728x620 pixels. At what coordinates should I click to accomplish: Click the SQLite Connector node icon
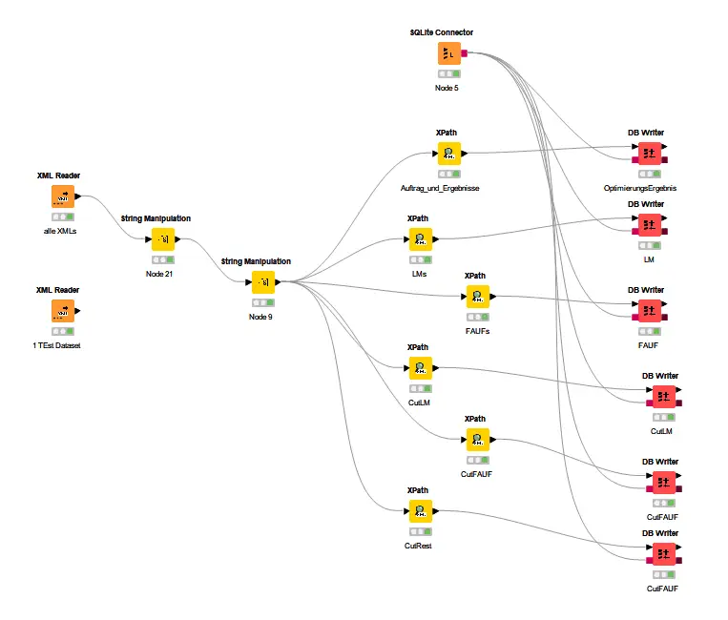pyautogui.click(x=449, y=54)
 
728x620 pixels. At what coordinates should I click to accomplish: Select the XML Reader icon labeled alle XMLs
pyautogui.click(x=62, y=196)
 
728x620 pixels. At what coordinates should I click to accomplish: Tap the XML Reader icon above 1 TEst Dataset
pyautogui.click(x=62, y=311)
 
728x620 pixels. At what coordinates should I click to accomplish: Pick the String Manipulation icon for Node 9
pyautogui.click(x=261, y=281)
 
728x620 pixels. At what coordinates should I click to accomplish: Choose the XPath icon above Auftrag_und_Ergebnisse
pyautogui.click(x=448, y=153)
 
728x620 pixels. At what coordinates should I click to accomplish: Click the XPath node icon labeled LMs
pyautogui.click(x=419, y=238)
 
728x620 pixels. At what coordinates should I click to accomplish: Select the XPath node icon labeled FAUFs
pyautogui.click(x=477, y=296)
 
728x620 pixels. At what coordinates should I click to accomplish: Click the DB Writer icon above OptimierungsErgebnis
pyautogui.click(x=650, y=153)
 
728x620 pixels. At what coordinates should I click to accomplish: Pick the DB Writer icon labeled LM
pyautogui.click(x=650, y=225)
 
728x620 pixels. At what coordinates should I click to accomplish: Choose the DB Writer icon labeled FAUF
pyautogui.click(x=650, y=310)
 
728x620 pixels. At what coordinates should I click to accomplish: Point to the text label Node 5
pyautogui.click(x=447, y=88)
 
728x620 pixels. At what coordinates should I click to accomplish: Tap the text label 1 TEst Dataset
pyautogui.click(x=56, y=345)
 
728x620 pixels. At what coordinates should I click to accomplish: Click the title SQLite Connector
pyautogui.click(x=442, y=32)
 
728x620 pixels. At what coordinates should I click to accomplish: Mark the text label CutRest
pyautogui.click(x=418, y=546)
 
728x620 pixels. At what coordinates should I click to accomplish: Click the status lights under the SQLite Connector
pyautogui.click(x=448, y=73)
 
